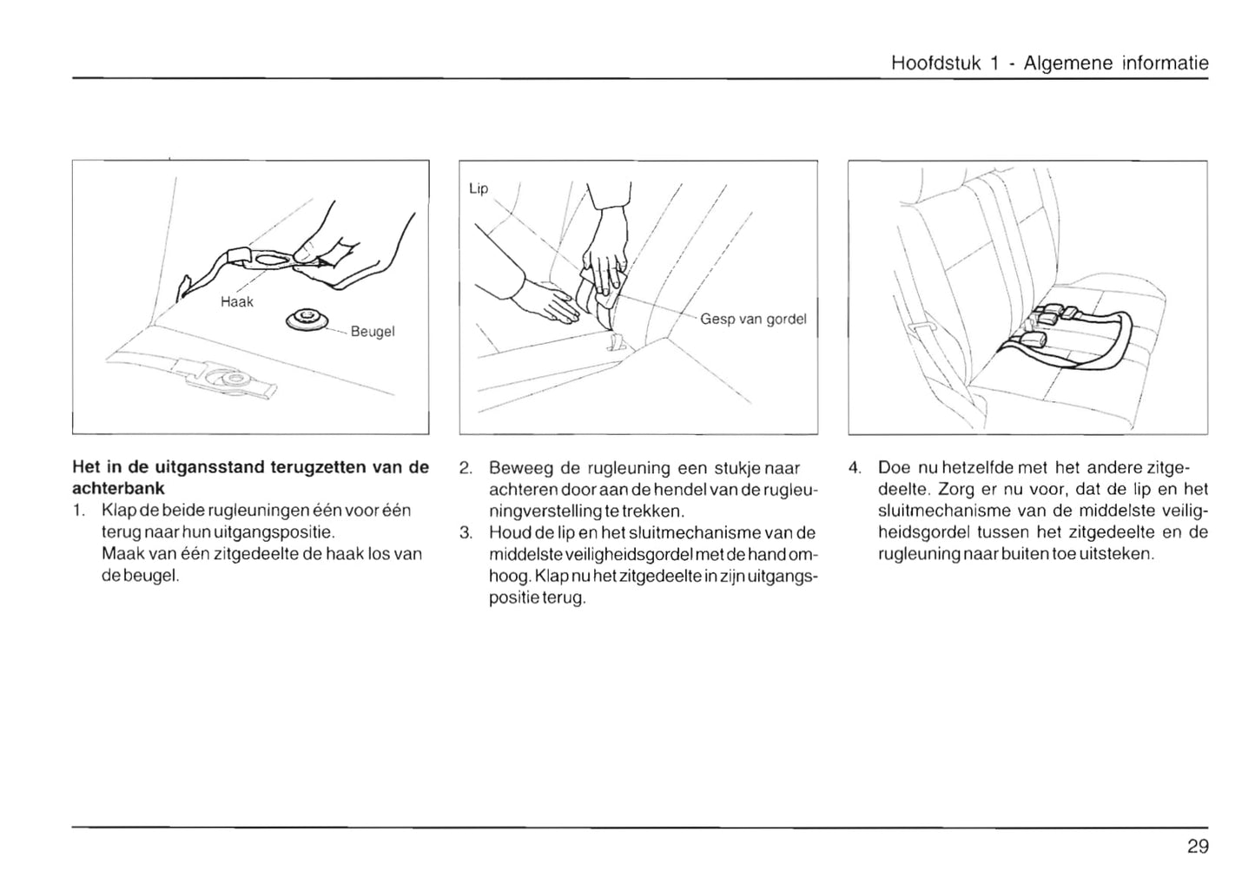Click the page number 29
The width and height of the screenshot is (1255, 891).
1197,847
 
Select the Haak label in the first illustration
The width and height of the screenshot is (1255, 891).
237,302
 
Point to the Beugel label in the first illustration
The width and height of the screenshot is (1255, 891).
373,332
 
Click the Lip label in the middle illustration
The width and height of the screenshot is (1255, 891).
479,188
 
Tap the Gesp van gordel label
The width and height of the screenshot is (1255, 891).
753,319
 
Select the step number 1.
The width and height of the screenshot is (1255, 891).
79,510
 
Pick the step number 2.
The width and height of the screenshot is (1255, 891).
466,468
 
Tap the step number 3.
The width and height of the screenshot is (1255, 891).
466,532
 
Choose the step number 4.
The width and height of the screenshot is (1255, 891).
854,468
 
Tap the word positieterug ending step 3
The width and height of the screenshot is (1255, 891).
537,598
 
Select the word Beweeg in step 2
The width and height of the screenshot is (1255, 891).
519,468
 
